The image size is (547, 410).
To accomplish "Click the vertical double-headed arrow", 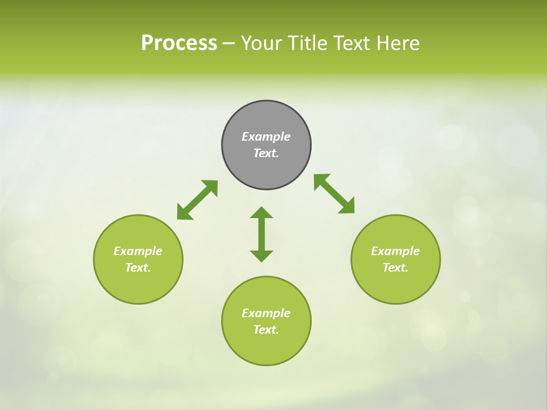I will point(262,234).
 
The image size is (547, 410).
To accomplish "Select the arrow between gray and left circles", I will point(197,200).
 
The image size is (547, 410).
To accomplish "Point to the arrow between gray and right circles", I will point(334,194).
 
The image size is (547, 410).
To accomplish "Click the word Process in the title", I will point(179,43).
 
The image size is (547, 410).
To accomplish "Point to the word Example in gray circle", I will point(266,137).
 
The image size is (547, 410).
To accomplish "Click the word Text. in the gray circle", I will point(266,153).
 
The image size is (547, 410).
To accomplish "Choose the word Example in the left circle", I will point(138,251).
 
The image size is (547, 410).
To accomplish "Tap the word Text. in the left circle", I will point(138,268).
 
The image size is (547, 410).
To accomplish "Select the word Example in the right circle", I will point(395,251).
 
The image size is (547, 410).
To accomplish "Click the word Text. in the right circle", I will point(395,268).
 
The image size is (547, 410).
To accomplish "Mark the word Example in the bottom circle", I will point(266,313).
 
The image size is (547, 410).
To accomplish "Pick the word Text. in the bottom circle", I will point(266,330).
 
